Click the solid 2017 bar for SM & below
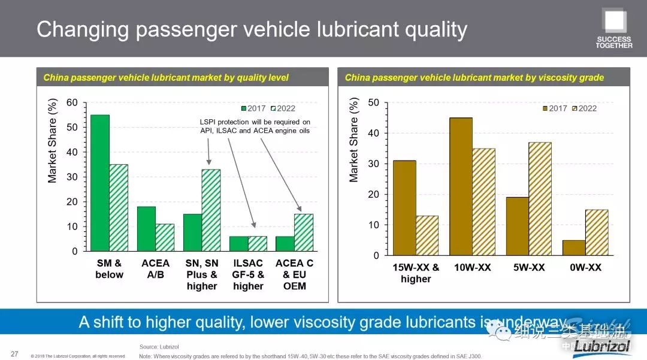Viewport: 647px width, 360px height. coord(100,183)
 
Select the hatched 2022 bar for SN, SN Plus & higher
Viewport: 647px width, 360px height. coord(211,210)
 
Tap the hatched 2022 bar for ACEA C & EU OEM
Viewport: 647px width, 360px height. coord(303,232)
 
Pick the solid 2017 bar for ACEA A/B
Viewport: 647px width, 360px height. coord(146,229)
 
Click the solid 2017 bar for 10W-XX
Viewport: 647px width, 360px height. coord(461,186)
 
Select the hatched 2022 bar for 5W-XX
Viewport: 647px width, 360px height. coord(540,199)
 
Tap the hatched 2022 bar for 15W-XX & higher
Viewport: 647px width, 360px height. coord(427,235)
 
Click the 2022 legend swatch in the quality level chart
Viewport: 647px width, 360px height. coord(274,108)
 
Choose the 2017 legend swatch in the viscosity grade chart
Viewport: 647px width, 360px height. coord(545,108)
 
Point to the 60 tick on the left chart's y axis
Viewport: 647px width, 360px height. coord(72,102)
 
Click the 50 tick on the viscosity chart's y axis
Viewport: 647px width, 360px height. coord(373,102)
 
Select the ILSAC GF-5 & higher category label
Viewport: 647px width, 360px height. coord(248,274)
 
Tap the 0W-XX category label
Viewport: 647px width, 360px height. coord(585,268)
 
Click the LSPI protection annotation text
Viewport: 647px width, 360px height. coord(255,126)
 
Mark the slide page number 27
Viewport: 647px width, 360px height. coord(14,353)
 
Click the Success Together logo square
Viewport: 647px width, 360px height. coord(615,22)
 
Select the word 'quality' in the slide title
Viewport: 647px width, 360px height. coord(429,29)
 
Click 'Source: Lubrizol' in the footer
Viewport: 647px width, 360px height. coord(159,347)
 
